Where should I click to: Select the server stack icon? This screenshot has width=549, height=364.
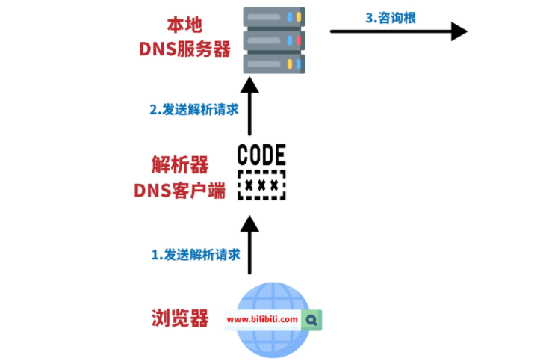(x=276, y=39)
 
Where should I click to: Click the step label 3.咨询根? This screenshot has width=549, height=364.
(x=390, y=17)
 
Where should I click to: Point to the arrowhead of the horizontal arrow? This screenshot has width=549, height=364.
(x=459, y=31)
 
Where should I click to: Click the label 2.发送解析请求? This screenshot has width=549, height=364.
(x=193, y=109)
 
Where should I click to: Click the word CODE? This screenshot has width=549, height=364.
(x=261, y=155)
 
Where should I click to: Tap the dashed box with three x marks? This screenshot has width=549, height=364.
(x=261, y=185)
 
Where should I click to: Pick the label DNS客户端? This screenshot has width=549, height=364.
(x=179, y=191)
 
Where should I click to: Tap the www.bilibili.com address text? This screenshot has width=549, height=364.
(x=262, y=320)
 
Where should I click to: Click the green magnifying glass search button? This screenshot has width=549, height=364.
(x=312, y=320)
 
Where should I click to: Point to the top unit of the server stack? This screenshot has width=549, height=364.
(x=276, y=16)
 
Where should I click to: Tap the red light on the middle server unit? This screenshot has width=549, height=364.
(x=299, y=40)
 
